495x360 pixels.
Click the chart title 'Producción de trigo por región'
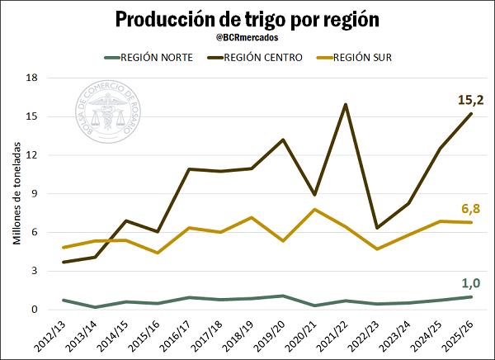coord(247,18)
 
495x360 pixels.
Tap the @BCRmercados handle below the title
coord(247,37)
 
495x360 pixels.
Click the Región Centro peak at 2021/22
coord(345,104)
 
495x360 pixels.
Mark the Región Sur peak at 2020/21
coord(313,210)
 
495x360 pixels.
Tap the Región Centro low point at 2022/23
coord(376,228)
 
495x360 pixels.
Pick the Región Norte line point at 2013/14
coord(95,307)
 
